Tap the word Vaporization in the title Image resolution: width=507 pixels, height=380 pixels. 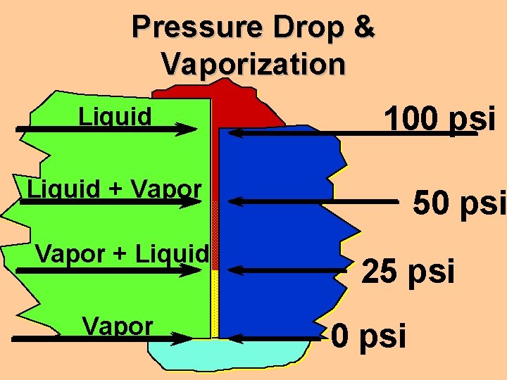pyautogui.click(x=254, y=64)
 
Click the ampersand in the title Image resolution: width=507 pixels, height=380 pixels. pyautogui.click(x=363, y=27)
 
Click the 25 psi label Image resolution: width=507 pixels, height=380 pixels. pyautogui.click(x=408, y=272)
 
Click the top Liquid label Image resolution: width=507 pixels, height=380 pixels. pyautogui.click(x=115, y=115)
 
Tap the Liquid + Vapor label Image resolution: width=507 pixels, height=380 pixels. pyautogui.click(x=114, y=189)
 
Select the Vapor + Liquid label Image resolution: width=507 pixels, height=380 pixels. pyautogui.click(x=122, y=253)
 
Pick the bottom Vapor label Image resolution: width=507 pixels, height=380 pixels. pyautogui.click(x=118, y=326)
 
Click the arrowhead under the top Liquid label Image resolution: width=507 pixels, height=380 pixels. pyautogui.click(x=188, y=129)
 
